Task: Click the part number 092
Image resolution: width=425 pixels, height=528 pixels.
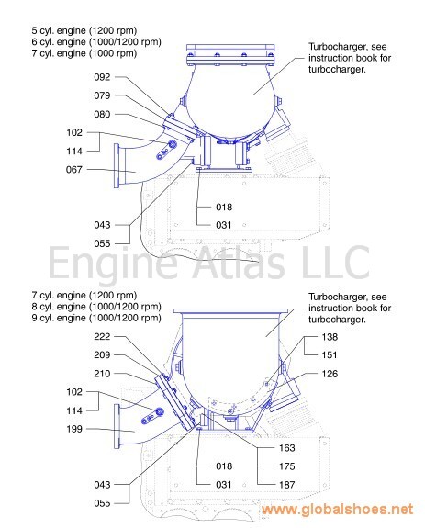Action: pyautogui.click(x=102, y=77)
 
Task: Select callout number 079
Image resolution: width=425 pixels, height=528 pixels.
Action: pyautogui.click(x=102, y=95)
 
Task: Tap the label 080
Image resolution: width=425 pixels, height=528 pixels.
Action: pyautogui.click(x=102, y=114)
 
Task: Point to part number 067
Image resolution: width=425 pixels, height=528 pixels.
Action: pyautogui.click(x=74, y=169)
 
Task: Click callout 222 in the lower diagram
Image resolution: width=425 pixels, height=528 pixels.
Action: pyautogui.click(x=102, y=336)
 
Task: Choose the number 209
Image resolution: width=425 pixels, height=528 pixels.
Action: pyautogui.click(x=102, y=355)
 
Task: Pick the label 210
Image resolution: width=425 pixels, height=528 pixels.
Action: pyautogui.click(x=102, y=374)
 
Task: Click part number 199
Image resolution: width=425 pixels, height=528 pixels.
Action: pyautogui.click(x=74, y=429)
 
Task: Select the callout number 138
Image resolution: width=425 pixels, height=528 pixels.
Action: pyautogui.click(x=330, y=337)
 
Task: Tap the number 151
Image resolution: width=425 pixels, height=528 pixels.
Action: pyautogui.click(x=330, y=355)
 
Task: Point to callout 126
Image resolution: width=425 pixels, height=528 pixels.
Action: pyautogui.click(x=330, y=374)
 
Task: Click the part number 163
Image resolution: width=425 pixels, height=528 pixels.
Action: pyautogui.click(x=287, y=448)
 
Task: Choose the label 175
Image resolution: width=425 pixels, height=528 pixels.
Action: pyautogui.click(x=287, y=466)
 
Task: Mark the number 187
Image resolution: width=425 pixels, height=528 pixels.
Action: pyautogui.click(x=287, y=485)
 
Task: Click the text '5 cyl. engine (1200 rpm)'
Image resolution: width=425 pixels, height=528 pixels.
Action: pyautogui.click(x=84, y=30)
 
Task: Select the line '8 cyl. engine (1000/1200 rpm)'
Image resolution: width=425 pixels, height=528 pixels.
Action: pyautogui.click(x=96, y=307)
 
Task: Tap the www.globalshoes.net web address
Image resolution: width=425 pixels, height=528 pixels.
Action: pyautogui.click(x=337, y=509)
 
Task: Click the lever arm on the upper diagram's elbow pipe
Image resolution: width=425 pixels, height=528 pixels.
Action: pyautogui.click(x=166, y=150)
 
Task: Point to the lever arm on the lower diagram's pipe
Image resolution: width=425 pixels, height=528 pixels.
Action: pyautogui.click(x=152, y=416)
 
